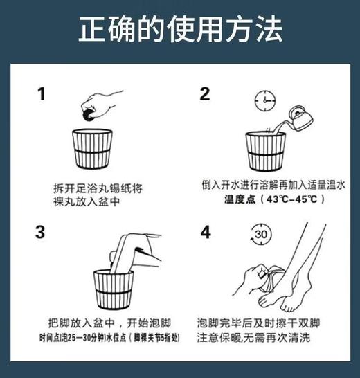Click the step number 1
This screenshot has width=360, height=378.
coord(41,93)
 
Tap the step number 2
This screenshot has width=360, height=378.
coord(205,94)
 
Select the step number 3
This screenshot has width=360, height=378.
coord(41,232)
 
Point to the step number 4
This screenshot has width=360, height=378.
coord(206,232)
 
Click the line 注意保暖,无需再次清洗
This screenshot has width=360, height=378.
coord(263,338)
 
